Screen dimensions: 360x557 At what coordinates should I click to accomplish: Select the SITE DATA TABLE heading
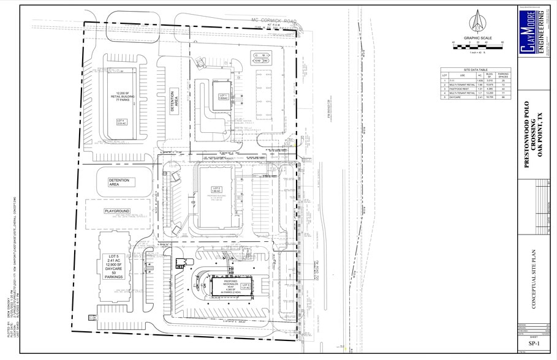click(476, 70)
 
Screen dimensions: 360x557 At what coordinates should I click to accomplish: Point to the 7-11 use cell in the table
click(454, 80)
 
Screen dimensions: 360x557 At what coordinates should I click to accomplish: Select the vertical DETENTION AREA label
click(173, 100)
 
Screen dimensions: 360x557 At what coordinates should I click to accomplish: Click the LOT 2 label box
click(216, 190)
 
